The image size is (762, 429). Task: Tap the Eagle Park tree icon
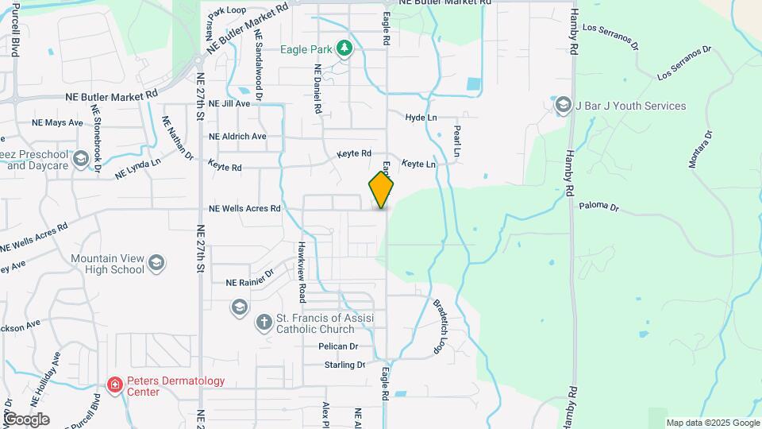pyautogui.click(x=344, y=48)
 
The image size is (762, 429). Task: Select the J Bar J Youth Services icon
pyautogui.click(x=563, y=106)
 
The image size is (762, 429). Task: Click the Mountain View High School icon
pyautogui.click(x=156, y=262)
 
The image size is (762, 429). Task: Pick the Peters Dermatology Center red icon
pyautogui.click(x=115, y=386)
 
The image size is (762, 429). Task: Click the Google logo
pyautogui.click(x=25, y=419)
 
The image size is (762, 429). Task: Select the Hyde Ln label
pyautogui.click(x=421, y=117)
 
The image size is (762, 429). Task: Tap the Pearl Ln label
pyautogui.click(x=456, y=140)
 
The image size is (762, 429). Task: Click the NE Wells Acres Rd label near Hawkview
pyautogui.click(x=244, y=209)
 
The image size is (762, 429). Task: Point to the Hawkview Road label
pyautogui.click(x=302, y=272)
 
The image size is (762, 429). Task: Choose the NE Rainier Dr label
pyautogui.click(x=249, y=282)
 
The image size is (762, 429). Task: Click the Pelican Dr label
pyautogui.click(x=338, y=346)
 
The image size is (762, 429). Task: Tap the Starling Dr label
pyautogui.click(x=344, y=365)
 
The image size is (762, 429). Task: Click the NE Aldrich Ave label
pyautogui.click(x=237, y=136)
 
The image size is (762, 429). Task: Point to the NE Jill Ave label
pyautogui.click(x=229, y=104)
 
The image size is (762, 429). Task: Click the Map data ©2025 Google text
pyautogui.click(x=713, y=423)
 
